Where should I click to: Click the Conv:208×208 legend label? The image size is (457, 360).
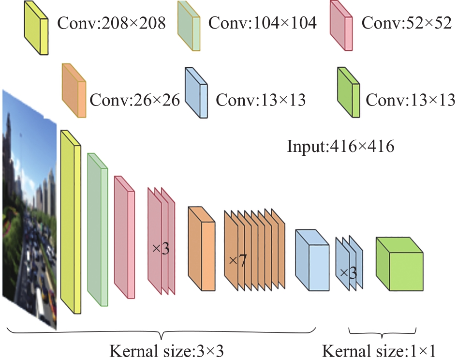pos(111,23)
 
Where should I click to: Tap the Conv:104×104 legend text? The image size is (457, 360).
pos(262,22)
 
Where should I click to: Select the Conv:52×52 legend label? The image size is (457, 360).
pos(407,22)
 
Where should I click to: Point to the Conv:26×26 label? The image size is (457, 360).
pos(134,100)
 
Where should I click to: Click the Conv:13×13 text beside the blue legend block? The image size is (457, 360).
pos(261,100)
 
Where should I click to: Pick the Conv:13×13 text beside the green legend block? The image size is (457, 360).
pos(411,100)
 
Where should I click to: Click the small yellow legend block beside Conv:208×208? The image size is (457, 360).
pos(36,28)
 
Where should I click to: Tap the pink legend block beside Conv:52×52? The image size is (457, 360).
pos(341,26)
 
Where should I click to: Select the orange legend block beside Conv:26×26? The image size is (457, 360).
pos(74,90)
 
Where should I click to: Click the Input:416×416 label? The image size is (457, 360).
pos(341,146)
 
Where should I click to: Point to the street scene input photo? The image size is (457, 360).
pos(29,210)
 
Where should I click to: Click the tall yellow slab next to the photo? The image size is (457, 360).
pos(71,222)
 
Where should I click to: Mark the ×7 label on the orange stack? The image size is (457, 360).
pos(237,260)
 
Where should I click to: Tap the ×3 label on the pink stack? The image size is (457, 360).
pos(161,249)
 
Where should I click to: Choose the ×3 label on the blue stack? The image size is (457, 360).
pos(348,273)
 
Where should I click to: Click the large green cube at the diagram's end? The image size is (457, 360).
pos(399,264)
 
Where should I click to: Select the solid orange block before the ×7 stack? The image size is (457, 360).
pos(202,249)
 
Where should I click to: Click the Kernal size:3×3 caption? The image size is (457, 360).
pos(167,351)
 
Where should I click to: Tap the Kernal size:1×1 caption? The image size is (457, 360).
pos(379,351)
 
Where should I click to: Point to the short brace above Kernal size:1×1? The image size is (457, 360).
pos(383,333)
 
